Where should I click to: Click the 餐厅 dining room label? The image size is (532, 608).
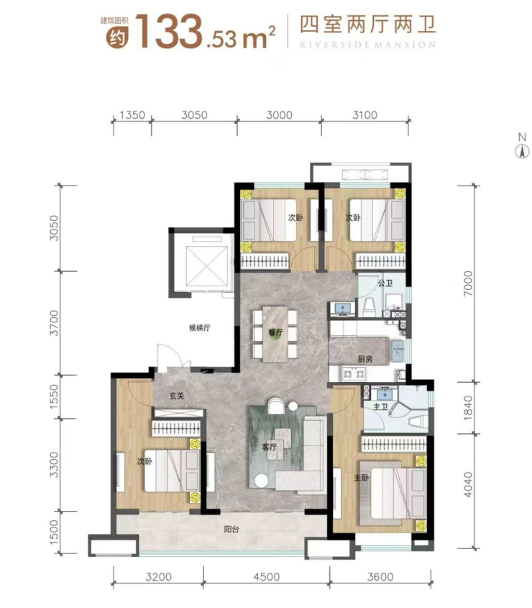276,332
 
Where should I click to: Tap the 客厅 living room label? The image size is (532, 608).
270,447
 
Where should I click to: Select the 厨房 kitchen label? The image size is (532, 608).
365,359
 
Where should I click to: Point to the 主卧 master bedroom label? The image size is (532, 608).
361,478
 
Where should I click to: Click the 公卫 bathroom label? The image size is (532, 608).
385,283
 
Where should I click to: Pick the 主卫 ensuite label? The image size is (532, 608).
380,407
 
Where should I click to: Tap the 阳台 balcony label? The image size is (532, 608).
231,529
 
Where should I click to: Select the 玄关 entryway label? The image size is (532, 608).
177,396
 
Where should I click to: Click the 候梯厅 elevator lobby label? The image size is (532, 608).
200,327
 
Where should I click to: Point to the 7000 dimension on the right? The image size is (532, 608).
468,283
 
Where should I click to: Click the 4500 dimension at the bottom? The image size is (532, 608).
267,577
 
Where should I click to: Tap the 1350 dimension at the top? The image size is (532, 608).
132,115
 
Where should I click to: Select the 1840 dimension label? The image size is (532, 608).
468,408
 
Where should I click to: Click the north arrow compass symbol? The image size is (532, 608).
522,151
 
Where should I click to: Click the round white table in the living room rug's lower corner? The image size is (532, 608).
262,481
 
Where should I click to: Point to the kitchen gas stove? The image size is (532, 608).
354,374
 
